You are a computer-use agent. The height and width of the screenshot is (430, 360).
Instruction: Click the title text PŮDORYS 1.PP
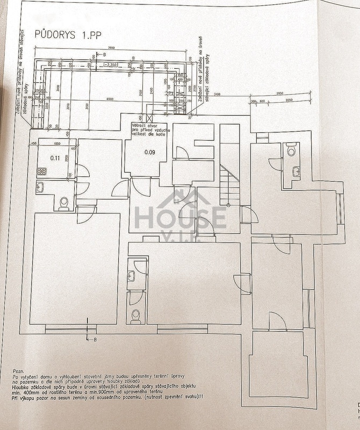point(60,34)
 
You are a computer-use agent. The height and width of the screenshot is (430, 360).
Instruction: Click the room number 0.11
point(54,158)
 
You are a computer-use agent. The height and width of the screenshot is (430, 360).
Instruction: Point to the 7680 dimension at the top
point(111,48)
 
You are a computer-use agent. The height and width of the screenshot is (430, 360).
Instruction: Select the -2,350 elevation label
point(112,65)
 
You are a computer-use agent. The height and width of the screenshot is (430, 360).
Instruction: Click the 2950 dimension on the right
point(279,93)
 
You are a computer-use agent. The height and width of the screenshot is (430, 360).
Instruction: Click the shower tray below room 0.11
point(42,172)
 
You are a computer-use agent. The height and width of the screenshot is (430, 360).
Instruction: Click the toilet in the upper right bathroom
point(291,149)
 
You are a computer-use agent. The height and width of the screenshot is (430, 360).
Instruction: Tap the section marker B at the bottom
point(95,340)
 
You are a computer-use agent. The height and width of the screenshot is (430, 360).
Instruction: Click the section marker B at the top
point(104,54)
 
